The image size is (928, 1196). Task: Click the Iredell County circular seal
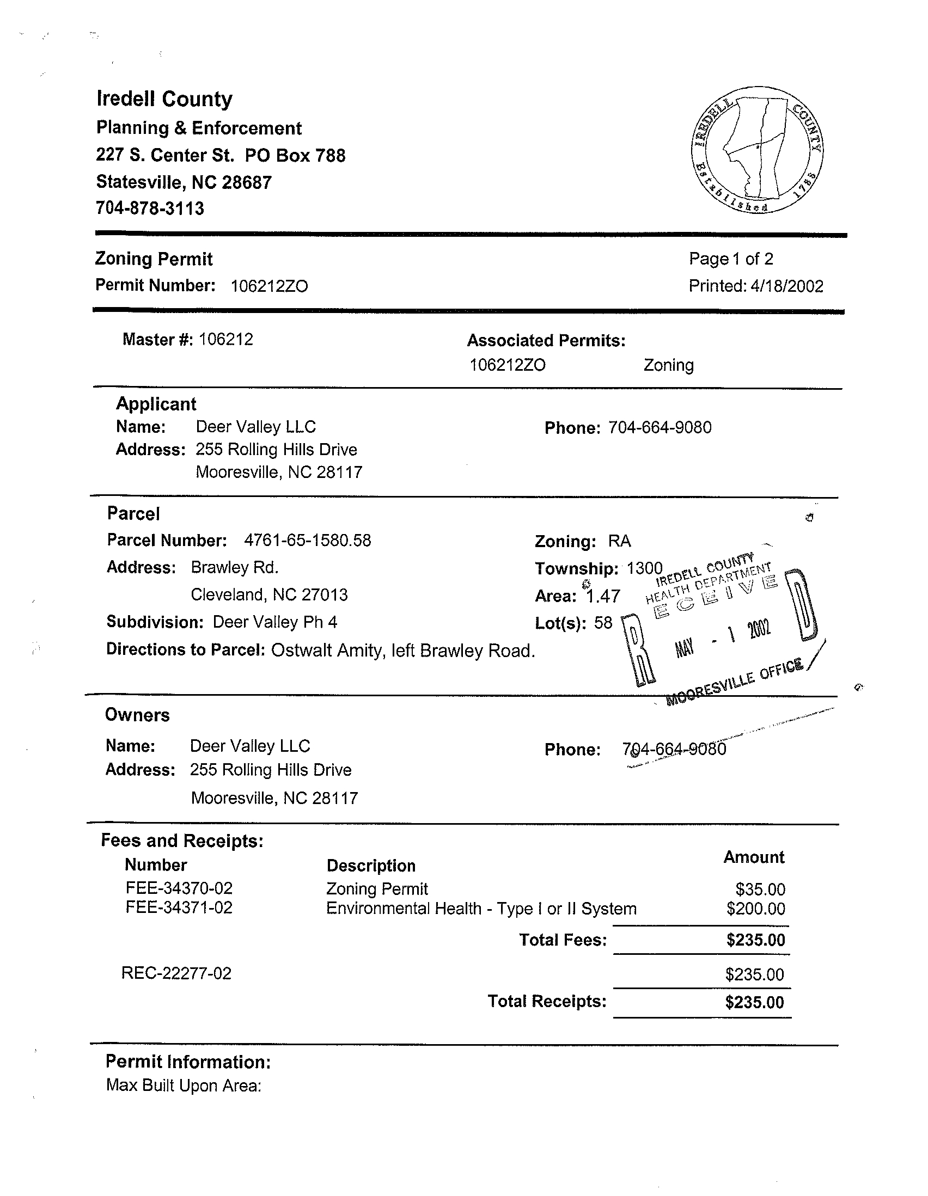(757, 150)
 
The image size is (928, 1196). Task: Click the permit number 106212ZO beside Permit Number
(269, 286)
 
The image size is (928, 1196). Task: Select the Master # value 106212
(225, 340)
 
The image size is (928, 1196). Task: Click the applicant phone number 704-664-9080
(660, 428)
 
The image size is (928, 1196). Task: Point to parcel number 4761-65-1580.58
(307, 541)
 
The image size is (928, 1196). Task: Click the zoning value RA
(619, 542)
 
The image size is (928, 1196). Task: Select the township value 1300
(644, 568)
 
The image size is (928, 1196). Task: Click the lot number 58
(603, 623)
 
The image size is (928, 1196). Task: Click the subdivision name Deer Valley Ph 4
(275, 622)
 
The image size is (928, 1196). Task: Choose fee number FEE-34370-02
(179, 888)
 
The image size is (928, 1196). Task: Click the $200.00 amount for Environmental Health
(755, 909)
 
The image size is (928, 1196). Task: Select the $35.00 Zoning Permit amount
(760, 889)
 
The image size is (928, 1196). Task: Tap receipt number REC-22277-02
(176, 973)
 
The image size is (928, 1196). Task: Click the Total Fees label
(563, 940)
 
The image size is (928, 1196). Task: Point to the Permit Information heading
(188, 1062)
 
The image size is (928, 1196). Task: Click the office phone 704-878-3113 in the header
(150, 208)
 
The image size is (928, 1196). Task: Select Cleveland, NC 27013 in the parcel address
(269, 594)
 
